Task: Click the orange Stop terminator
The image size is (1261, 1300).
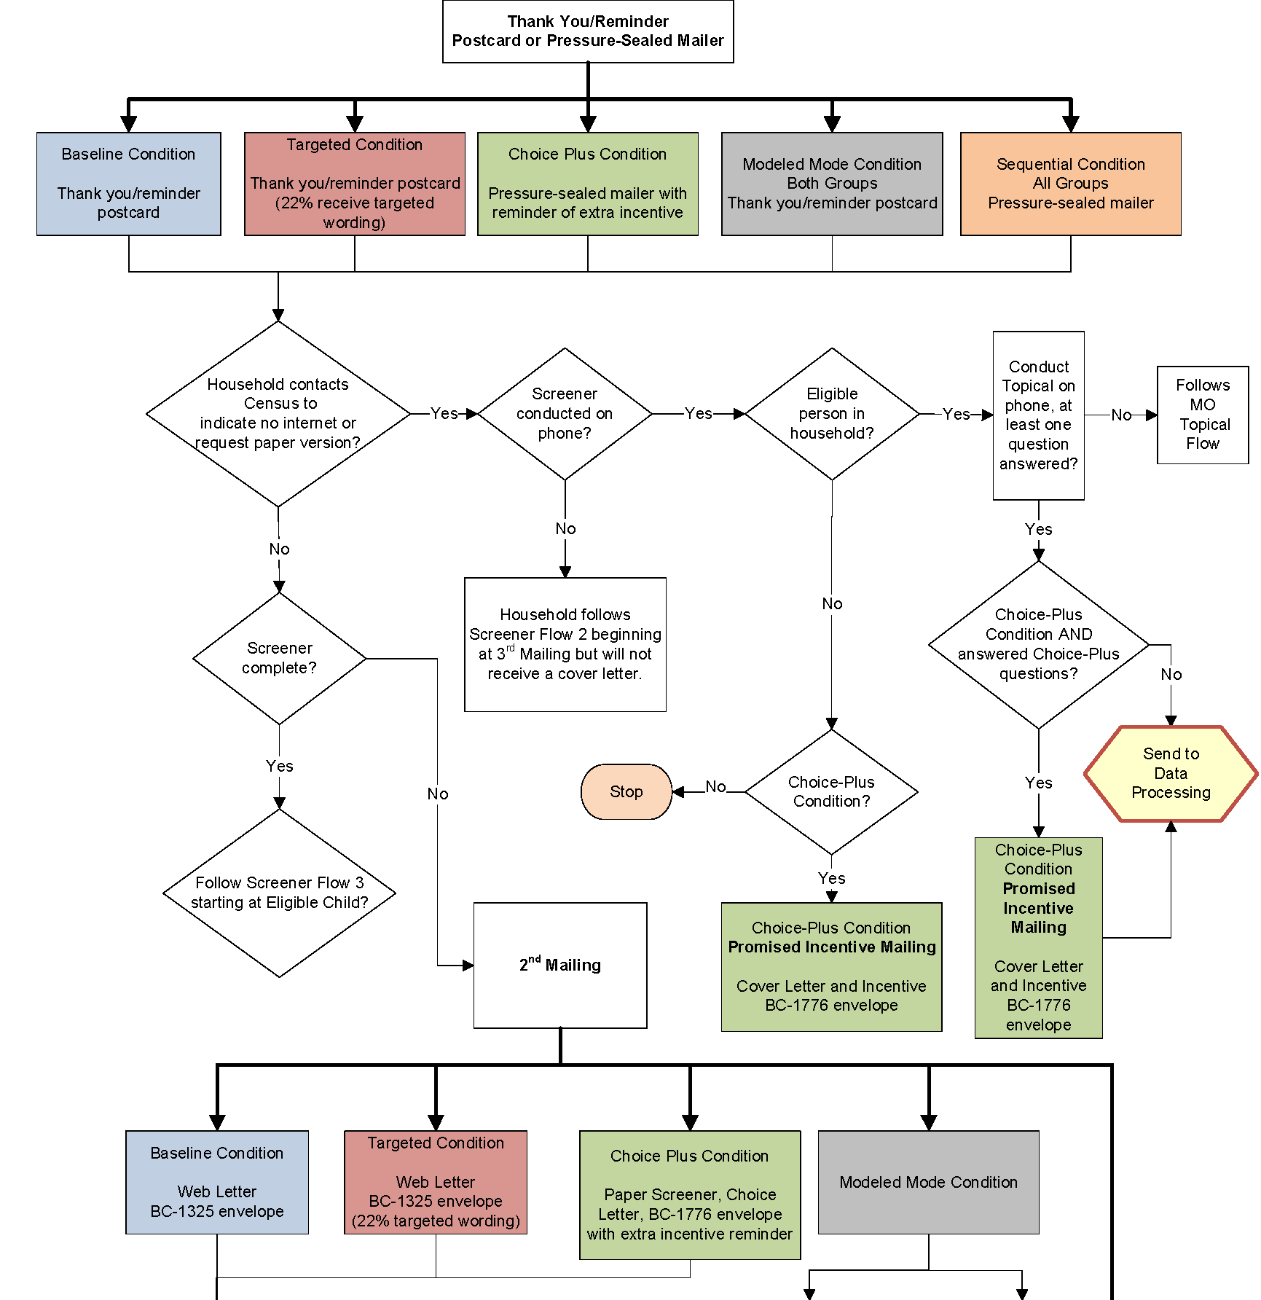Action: coord(626,791)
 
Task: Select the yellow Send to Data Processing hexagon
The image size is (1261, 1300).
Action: coord(1171,773)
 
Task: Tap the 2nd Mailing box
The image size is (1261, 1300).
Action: coord(560,965)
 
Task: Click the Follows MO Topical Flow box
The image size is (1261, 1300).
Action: coord(1203,415)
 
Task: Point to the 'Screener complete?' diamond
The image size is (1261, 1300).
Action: coord(279,658)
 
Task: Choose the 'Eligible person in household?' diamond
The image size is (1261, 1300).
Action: coord(832,414)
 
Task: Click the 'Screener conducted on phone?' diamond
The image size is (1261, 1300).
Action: coord(565,414)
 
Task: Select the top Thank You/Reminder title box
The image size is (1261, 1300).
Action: coord(588,31)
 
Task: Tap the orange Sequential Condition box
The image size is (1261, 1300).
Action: coord(1070,184)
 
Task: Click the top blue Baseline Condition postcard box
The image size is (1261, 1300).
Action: coord(129,184)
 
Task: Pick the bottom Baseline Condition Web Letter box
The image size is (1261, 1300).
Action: coord(217,1182)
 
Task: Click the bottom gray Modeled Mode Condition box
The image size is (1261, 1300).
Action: coord(928,1182)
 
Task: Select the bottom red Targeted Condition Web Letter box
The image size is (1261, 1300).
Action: coord(436,1182)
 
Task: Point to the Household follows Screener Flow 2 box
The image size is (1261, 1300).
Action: coord(565,644)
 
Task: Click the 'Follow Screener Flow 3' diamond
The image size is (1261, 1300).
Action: coord(279,893)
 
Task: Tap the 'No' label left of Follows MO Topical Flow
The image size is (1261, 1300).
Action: coord(1121,415)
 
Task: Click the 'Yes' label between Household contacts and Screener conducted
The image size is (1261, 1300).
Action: coord(444,414)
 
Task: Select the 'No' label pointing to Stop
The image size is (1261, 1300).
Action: coord(715,787)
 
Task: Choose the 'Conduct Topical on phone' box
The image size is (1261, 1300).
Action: coord(1038,415)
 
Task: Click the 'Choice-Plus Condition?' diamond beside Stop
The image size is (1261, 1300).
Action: coord(831,791)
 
